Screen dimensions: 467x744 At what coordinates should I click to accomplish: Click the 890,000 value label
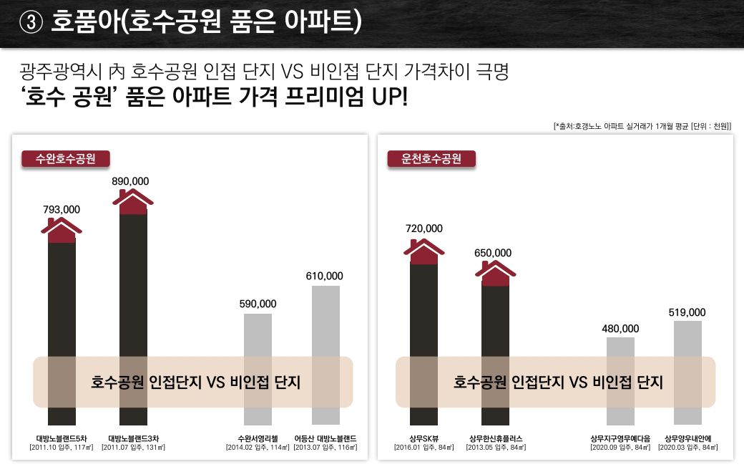tap(130, 182)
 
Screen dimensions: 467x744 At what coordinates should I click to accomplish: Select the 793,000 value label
tap(62, 209)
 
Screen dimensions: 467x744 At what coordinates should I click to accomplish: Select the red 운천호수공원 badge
tap(431, 158)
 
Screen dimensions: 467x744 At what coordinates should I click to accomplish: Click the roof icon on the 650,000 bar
tap(495, 272)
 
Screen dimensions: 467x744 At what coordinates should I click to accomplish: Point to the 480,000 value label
tap(620, 329)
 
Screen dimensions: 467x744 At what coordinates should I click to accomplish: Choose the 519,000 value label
tap(687, 312)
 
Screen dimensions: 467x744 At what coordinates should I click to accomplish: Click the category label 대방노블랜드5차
tap(62, 438)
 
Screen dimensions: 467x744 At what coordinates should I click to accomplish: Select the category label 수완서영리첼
tap(258, 438)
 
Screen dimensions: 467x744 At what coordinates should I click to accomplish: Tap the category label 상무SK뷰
tap(424, 438)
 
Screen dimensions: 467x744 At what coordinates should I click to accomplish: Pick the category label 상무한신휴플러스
tap(495, 438)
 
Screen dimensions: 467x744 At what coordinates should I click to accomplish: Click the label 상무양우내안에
tap(687, 438)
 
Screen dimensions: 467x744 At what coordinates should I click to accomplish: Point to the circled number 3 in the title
tap(31, 23)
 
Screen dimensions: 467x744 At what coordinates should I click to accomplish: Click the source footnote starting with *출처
tap(642, 126)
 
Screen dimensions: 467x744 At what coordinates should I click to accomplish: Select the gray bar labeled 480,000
tap(620, 380)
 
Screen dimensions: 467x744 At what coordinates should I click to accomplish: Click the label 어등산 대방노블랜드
tap(326, 438)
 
